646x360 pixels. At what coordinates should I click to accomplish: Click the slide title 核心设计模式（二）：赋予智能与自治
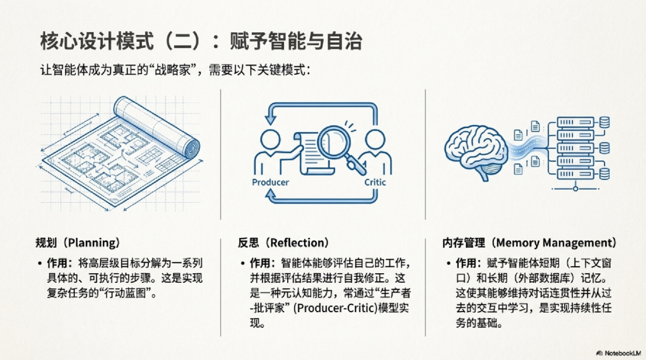click(201, 42)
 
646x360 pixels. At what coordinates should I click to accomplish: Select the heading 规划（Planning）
click(77, 243)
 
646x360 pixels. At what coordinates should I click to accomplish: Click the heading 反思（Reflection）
click(283, 243)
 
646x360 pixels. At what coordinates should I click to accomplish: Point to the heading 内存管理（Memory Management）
click(529, 243)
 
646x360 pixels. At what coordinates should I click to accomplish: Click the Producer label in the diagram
click(270, 182)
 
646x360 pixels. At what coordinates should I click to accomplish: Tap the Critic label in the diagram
click(375, 182)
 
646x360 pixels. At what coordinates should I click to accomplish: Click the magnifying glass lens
click(334, 144)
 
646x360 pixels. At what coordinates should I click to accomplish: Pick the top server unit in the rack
click(575, 123)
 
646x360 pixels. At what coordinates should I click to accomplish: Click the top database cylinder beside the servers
click(604, 123)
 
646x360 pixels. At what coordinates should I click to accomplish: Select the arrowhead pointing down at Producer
click(270, 119)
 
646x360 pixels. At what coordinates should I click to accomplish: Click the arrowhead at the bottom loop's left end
click(270, 195)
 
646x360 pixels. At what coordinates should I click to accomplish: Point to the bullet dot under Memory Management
click(449, 263)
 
